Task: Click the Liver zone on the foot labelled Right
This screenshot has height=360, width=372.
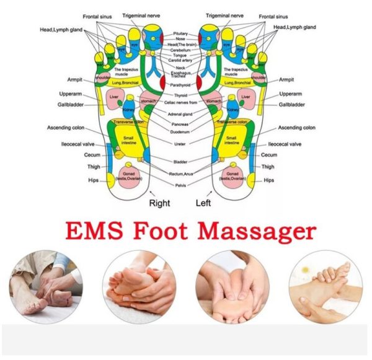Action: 114,98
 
